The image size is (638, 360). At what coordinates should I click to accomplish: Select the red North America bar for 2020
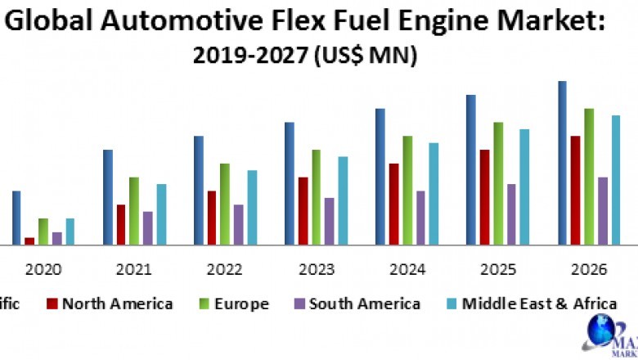coord(29,241)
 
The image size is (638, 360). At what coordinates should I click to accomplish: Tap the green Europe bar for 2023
coord(316,196)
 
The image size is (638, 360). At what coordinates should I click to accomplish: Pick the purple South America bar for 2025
coord(511,214)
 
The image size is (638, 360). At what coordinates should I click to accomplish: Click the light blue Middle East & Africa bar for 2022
coord(252,207)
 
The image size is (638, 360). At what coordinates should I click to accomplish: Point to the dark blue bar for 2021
coord(107,196)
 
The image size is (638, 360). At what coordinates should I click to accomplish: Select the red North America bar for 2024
coord(394,203)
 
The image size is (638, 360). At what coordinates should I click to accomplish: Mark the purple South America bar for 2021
coord(147,227)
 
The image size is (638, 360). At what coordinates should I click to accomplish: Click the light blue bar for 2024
coord(434,193)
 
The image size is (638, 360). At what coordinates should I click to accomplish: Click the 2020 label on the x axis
coord(43,269)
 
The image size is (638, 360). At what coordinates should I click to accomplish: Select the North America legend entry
coord(110,304)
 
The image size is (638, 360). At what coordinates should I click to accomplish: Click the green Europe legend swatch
coord(204,304)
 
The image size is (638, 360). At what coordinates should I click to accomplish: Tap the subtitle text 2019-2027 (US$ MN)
coord(304,55)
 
